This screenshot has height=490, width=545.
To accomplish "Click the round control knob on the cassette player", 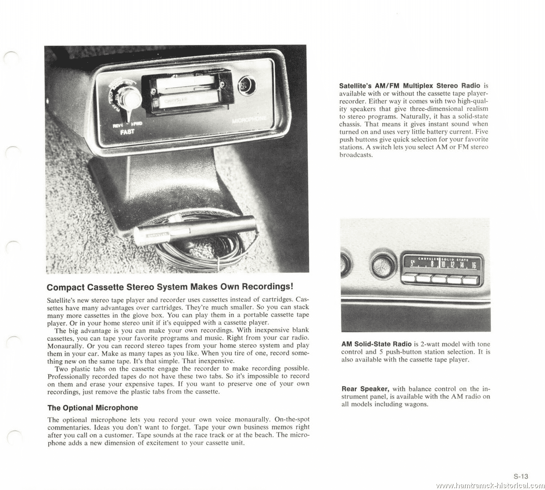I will (133, 98).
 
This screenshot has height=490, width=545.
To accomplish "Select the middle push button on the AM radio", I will (440, 279).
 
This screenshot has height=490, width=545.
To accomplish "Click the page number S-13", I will (521, 476).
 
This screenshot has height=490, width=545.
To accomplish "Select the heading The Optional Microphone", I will (93, 407).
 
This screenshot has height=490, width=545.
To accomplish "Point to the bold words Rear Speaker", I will (365, 389).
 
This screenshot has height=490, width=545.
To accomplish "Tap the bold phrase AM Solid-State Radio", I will (376, 344).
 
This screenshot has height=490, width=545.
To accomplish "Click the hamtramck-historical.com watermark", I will (490, 485).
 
